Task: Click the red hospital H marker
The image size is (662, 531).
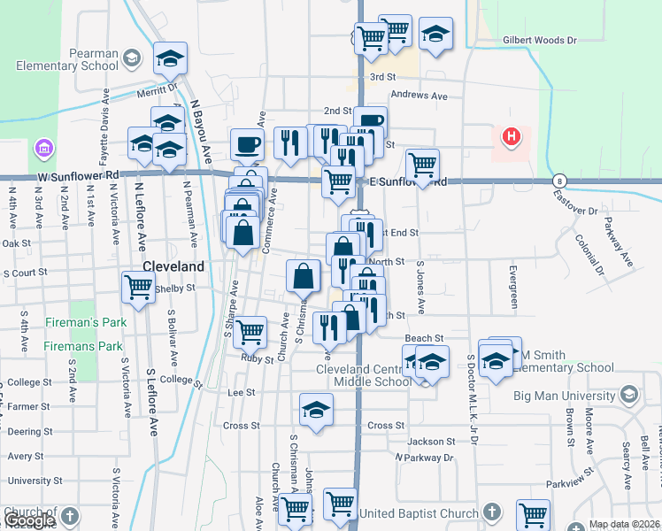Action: tap(511, 137)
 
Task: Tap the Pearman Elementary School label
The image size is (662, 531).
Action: tap(67, 59)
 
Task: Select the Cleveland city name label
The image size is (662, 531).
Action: tap(173, 266)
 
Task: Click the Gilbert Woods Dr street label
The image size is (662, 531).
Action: tap(539, 41)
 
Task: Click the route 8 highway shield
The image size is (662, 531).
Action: tap(558, 180)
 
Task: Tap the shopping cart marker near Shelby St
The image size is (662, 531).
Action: tap(139, 288)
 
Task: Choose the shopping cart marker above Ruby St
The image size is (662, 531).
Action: tap(250, 332)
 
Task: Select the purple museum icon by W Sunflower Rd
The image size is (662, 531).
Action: tap(42, 148)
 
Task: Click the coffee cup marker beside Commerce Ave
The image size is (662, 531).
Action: tap(247, 142)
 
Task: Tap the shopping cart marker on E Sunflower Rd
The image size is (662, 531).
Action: tap(423, 165)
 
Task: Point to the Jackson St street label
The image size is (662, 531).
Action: tap(431, 442)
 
